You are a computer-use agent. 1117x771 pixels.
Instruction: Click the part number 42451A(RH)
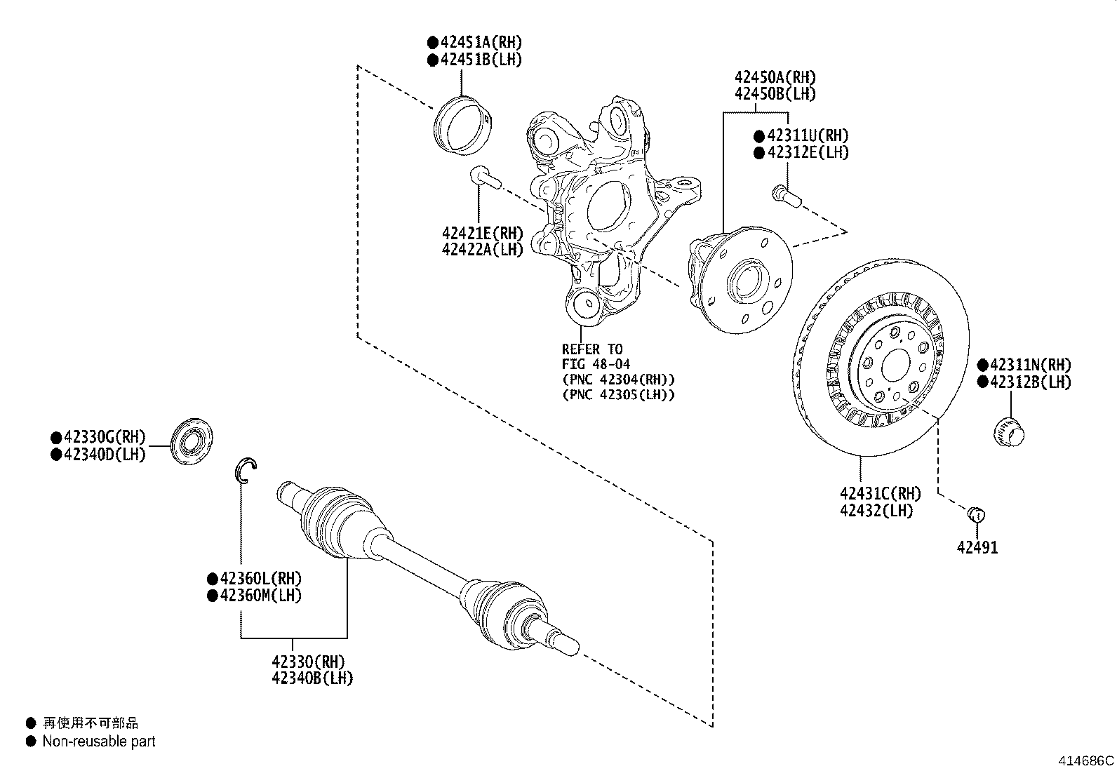click(481, 43)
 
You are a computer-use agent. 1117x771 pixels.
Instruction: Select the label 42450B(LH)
click(775, 93)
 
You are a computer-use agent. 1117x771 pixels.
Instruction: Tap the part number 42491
click(977, 547)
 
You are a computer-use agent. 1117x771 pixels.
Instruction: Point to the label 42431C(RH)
click(880, 494)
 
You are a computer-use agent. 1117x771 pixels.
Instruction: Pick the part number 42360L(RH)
click(260, 579)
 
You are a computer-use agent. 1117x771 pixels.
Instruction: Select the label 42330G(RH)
click(105, 437)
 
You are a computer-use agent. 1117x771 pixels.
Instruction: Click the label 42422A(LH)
click(483, 250)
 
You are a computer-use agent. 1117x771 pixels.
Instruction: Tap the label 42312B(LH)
click(1030, 382)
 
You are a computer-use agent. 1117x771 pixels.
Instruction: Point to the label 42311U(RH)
click(808, 135)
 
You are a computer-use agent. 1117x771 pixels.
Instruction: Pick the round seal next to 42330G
click(192, 441)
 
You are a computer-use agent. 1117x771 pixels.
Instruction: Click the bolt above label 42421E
click(485, 177)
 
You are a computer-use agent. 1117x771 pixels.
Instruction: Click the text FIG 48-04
click(596, 364)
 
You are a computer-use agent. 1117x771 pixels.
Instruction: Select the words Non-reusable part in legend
click(99, 742)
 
